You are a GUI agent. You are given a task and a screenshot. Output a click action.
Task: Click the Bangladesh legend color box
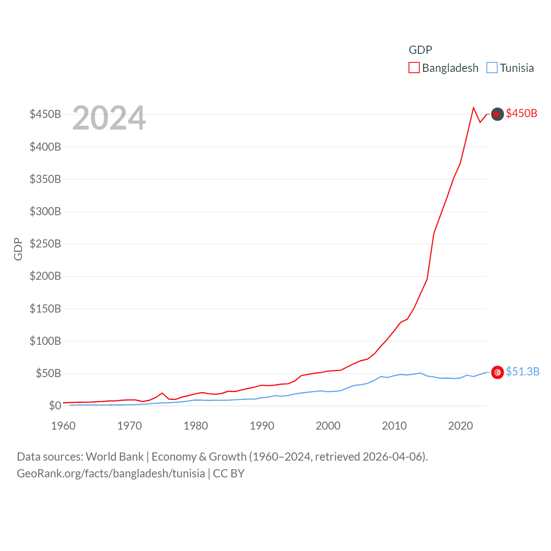coord(414,68)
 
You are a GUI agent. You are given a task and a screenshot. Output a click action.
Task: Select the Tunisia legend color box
coord(492,68)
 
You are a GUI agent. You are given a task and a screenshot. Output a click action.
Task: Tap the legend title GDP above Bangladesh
coord(420,50)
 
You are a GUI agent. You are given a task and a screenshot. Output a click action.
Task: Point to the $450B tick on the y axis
coord(45,114)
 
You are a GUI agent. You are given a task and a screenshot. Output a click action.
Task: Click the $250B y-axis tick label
coord(45,244)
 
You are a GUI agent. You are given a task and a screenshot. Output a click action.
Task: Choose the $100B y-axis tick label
coord(45,341)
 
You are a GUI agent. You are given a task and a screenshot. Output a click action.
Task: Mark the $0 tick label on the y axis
coord(55,406)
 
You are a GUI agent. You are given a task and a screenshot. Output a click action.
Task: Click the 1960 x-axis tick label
coord(63,426)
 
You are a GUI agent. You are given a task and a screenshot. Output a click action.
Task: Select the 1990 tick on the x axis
coord(262,426)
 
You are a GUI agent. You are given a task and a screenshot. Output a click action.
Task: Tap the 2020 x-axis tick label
coord(460,426)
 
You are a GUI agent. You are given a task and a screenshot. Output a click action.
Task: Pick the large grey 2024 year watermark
coord(109,118)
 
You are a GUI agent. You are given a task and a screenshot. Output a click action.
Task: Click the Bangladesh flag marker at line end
coord(497,114)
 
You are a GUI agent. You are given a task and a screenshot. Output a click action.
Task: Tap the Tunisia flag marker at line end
coord(497,372)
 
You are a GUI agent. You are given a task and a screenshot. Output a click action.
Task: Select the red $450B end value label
coord(521,113)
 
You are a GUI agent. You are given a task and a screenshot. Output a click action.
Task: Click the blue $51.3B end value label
coord(523,371)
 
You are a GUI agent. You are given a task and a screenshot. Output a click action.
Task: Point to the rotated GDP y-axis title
coord(18,249)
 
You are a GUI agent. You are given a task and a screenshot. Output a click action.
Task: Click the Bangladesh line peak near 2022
coord(474,108)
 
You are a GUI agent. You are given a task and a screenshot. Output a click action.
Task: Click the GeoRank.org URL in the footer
coord(111,474)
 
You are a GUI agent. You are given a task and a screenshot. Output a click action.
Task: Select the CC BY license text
coord(229,474)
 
